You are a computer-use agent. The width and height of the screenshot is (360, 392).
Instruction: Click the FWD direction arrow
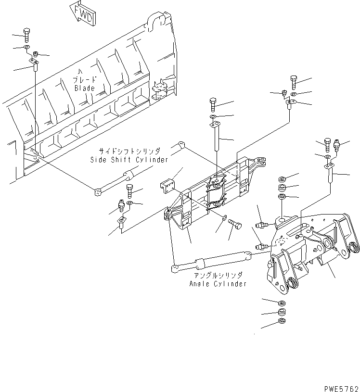83,14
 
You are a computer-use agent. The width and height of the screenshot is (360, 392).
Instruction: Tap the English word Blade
85,88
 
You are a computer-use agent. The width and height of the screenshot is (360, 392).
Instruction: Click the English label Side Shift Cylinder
129,160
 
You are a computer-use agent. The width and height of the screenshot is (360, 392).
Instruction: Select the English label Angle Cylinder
218,284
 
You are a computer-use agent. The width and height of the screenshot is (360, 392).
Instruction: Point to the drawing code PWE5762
342,389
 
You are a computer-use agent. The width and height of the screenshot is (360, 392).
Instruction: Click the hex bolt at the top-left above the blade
26,35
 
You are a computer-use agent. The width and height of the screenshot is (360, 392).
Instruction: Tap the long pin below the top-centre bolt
217,138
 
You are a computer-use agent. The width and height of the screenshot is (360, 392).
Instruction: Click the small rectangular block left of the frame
168,186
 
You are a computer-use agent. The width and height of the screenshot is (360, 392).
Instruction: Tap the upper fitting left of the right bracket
262,225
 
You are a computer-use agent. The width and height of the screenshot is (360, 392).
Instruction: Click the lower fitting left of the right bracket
262,246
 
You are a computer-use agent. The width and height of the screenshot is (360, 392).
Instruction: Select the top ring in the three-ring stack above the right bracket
283,179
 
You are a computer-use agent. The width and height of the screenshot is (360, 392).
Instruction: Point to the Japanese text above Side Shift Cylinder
129,151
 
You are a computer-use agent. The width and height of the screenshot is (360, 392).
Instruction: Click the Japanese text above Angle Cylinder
218,276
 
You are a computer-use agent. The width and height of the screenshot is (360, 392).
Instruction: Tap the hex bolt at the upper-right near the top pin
294,82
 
